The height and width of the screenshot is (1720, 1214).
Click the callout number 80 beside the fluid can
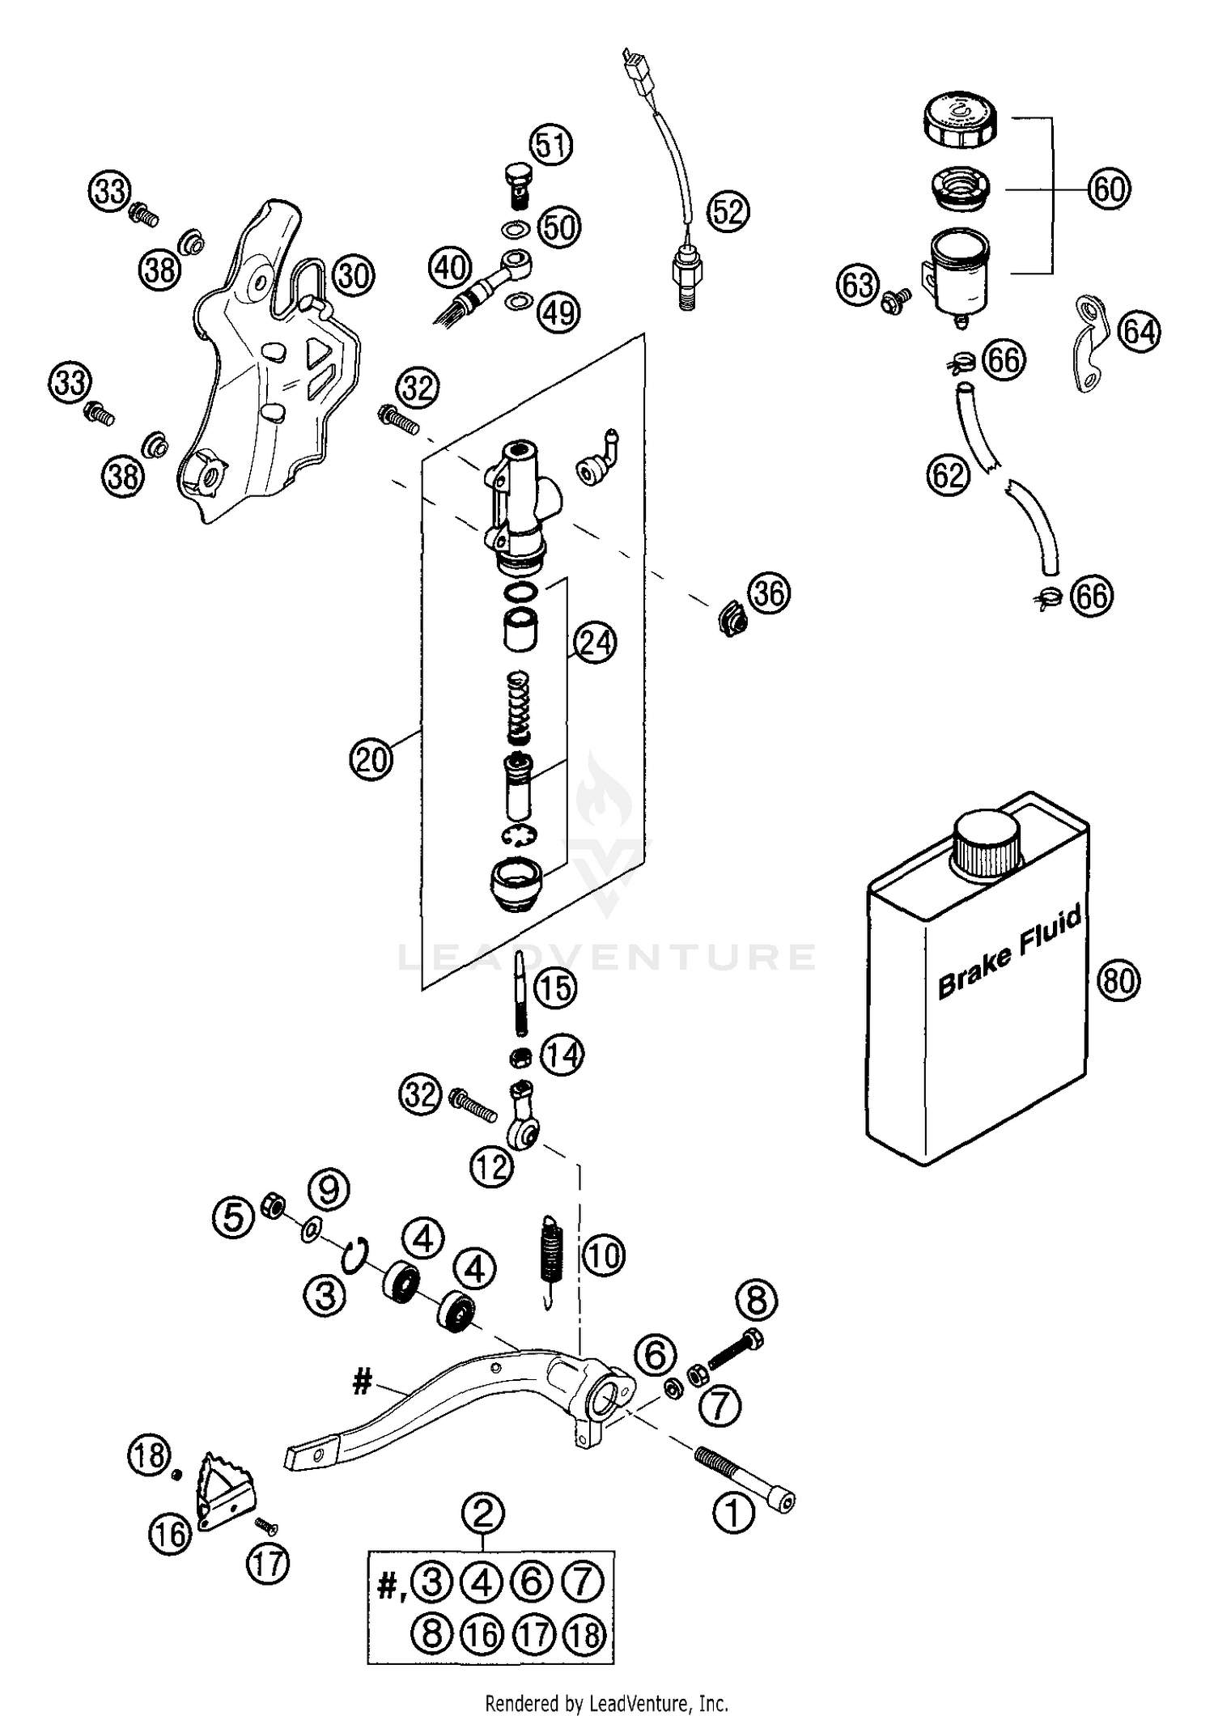click(1118, 981)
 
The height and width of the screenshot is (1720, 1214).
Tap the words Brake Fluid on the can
click(1008, 956)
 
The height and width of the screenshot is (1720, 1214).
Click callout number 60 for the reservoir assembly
click(1108, 189)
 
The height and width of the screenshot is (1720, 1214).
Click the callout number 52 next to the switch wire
click(728, 211)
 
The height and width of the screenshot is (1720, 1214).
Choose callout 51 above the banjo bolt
click(551, 146)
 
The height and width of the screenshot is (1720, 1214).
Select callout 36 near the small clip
click(768, 593)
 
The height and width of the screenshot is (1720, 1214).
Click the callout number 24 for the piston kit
click(595, 643)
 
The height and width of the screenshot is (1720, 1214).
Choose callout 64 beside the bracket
click(1139, 331)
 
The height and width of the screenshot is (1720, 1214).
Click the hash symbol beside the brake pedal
click(362, 1382)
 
